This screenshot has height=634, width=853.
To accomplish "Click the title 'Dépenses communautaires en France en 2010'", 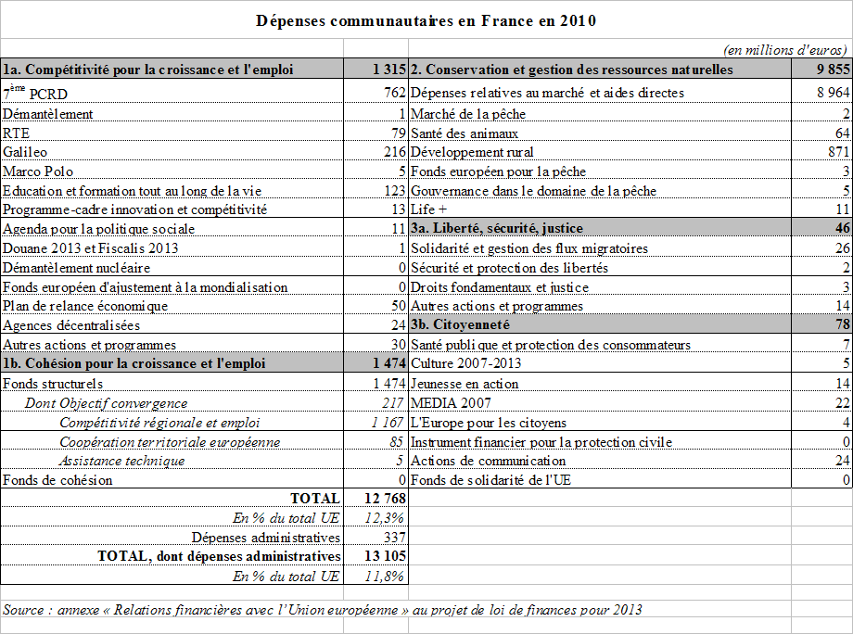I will [x=426, y=19].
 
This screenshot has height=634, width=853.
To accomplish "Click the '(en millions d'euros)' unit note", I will [x=784, y=50].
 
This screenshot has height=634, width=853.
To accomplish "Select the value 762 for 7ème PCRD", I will [x=394, y=93].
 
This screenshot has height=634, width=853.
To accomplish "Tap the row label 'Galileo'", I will [x=25, y=151].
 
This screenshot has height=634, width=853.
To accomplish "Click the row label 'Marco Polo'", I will [x=38, y=171].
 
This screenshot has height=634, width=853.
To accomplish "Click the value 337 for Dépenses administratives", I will [x=394, y=538].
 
